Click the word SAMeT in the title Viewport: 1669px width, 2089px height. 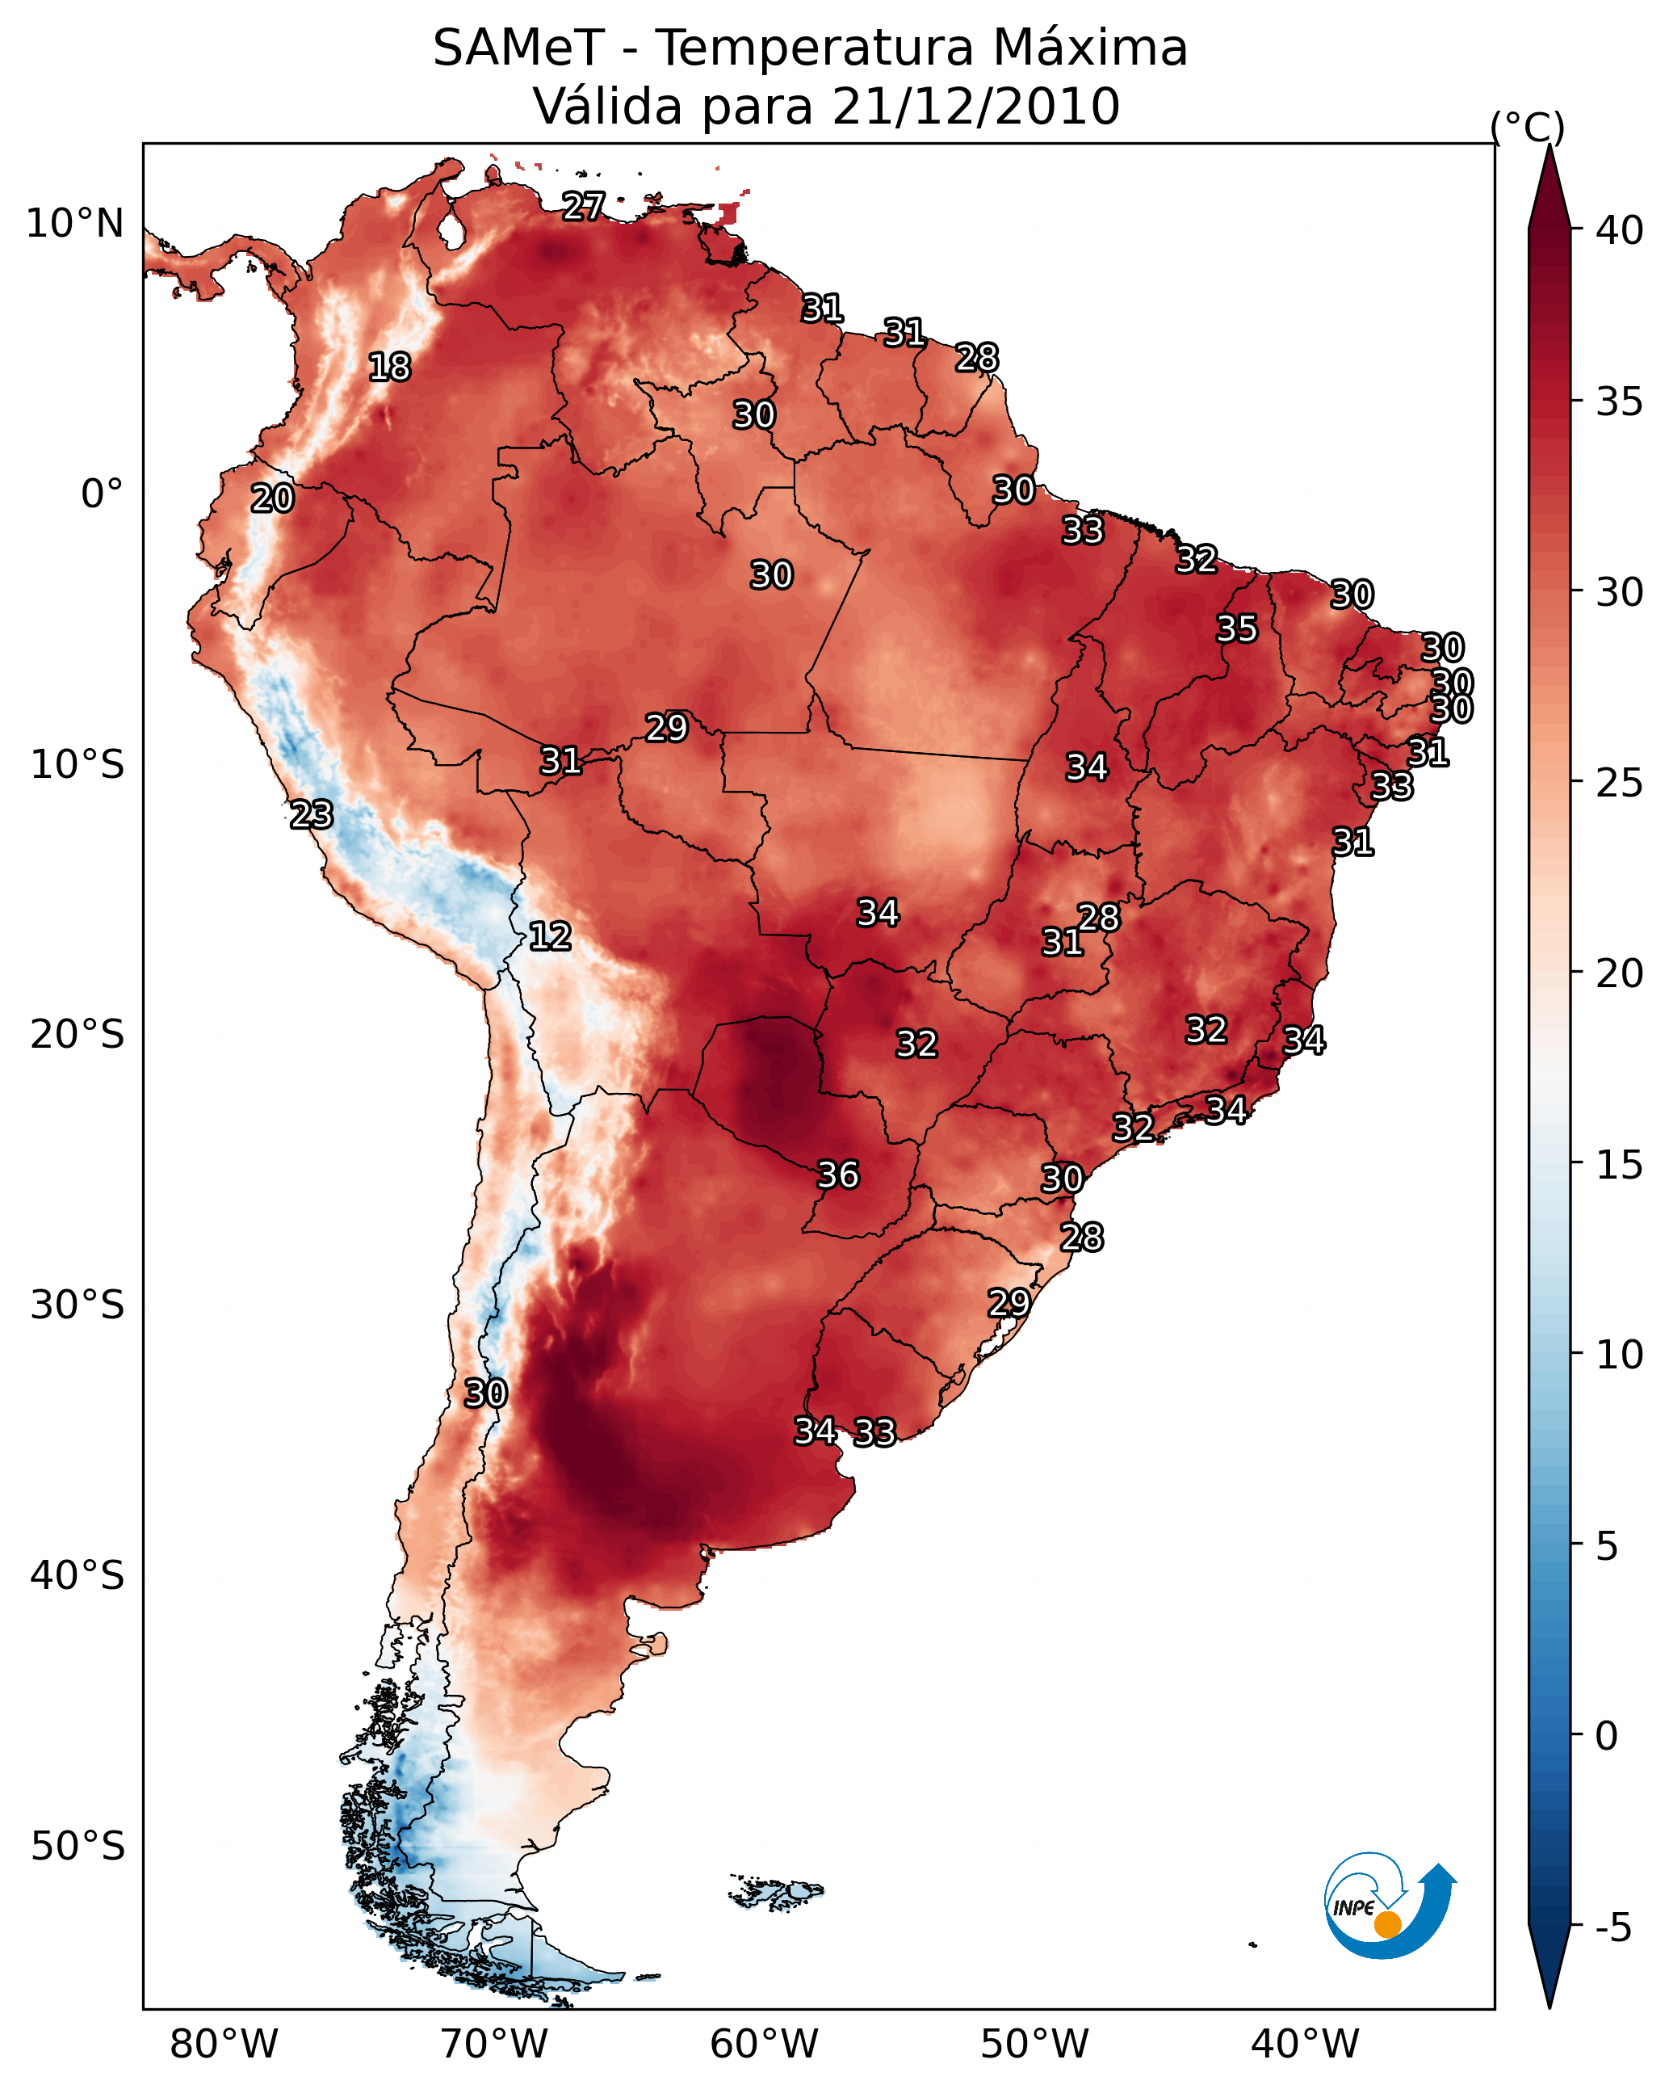(518, 48)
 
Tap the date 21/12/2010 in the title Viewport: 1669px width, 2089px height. (975, 107)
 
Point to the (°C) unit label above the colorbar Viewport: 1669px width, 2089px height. (1527, 127)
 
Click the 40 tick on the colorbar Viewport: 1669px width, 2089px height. (1620, 230)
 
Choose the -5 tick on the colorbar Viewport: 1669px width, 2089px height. (1612, 1927)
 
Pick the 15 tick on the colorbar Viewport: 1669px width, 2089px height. (1620, 1165)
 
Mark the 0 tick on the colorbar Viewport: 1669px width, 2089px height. (1606, 1735)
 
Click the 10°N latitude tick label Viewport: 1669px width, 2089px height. (74, 224)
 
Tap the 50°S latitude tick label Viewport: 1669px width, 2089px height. (78, 1846)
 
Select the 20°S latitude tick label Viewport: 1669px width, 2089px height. (78, 1035)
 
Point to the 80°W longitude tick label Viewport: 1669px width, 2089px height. (224, 2044)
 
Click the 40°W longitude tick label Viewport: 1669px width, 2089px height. (1305, 2044)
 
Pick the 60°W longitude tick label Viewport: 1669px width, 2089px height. (765, 2044)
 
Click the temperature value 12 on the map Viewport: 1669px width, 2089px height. (550, 936)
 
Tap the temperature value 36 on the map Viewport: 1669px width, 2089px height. (838, 1175)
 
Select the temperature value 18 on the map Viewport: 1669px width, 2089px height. (389, 368)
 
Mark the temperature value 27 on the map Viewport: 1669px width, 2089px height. (583, 205)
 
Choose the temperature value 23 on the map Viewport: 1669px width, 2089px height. (311, 815)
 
